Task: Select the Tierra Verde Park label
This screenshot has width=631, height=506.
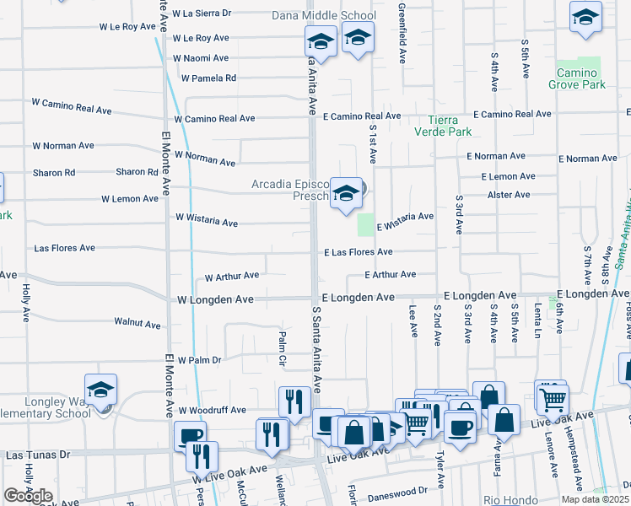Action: [443, 126]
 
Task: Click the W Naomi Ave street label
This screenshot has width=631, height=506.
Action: [200, 58]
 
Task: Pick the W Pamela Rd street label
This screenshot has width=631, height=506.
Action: [208, 78]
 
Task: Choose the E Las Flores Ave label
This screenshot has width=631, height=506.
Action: [359, 252]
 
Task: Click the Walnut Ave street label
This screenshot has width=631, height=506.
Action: [137, 323]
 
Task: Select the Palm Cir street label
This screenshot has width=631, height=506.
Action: [283, 350]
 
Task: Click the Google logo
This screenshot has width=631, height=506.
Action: [28, 496]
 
